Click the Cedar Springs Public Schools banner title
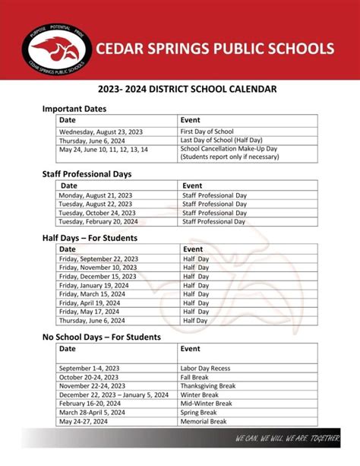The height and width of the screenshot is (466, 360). click(215, 49)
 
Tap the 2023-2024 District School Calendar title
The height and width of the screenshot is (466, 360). click(180, 90)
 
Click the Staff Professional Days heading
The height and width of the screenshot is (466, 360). click(87, 174)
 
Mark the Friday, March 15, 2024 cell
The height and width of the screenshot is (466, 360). click(93, 293)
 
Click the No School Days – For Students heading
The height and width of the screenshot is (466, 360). click(101, 337)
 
